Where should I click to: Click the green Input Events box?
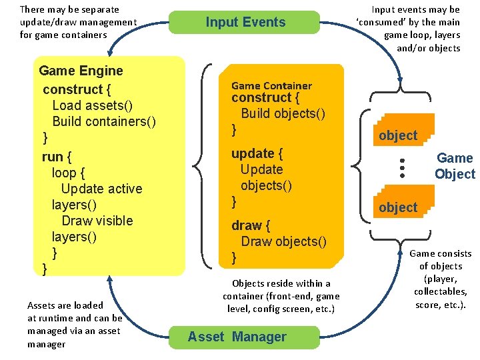click(245, 22)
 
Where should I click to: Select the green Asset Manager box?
click(237, 337)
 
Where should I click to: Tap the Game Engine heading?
click(81, 71)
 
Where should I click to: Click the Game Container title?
click(271, 85)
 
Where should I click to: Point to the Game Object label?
click(455, 166)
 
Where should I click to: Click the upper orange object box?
click(398, 135)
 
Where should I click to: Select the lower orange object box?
click(398, 207)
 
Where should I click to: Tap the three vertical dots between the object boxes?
click(403, 167)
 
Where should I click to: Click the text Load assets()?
click(93, 105)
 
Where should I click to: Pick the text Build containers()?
click(104, 121)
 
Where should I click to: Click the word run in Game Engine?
click(52, 157)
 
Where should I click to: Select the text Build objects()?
click(283, 113)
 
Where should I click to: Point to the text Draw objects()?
click(283, 241)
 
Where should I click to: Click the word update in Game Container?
click(253, 153)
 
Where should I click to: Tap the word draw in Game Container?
click(246, 225)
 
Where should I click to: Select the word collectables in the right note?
click(441, 292)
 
